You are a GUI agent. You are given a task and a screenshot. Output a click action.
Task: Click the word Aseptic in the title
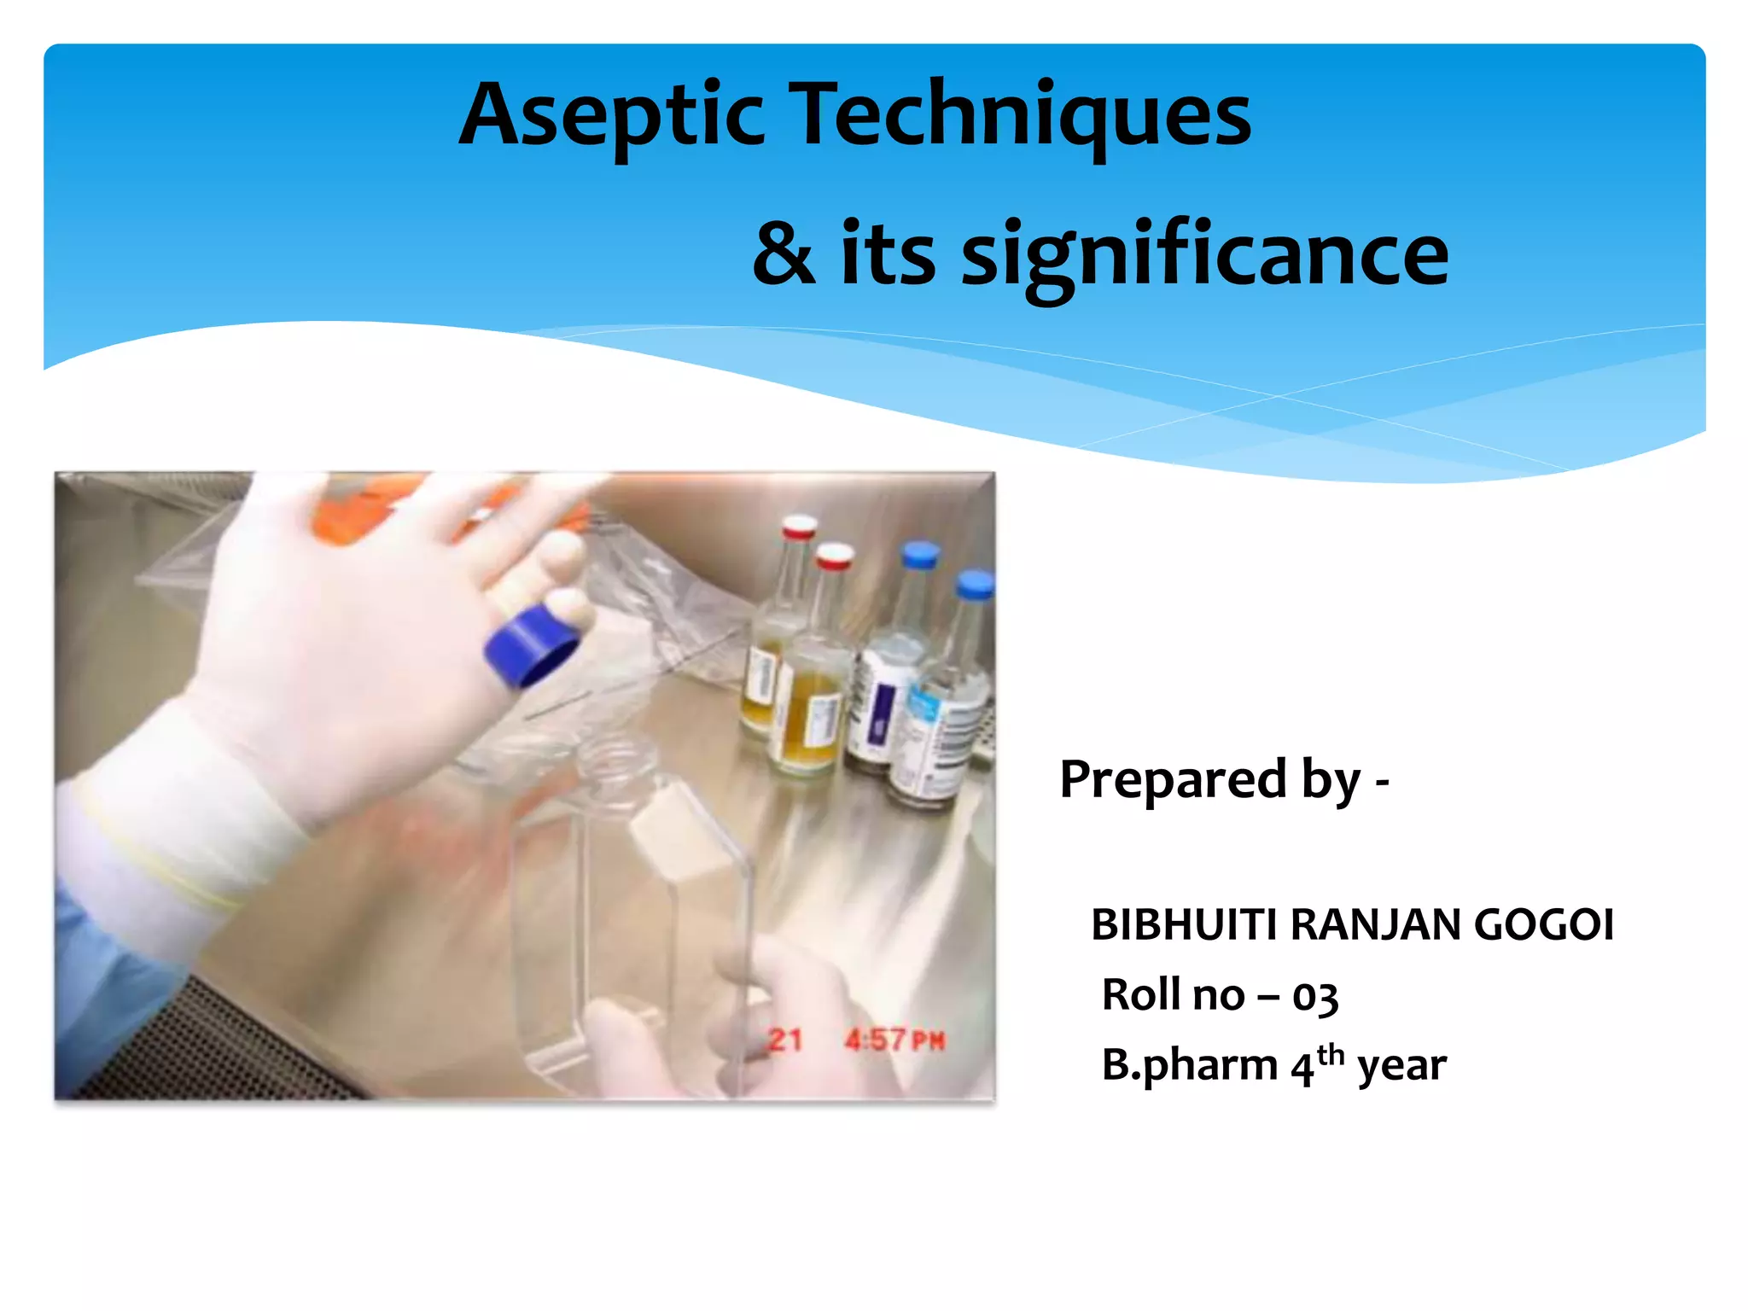click(611, 115)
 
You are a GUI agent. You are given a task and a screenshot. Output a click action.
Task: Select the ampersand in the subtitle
click(784, 254)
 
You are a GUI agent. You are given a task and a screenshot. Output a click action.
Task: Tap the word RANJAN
click(1375, 925)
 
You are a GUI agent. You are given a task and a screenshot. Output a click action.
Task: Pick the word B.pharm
click(1189, 1066)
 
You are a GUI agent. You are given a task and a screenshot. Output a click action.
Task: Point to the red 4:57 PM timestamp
click(894, 1040)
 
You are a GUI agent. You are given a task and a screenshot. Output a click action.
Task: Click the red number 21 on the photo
click(784, 1040)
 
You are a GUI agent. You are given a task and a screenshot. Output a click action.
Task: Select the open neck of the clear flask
click(615, 760)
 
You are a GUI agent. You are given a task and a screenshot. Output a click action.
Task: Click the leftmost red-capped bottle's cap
click(799, 527)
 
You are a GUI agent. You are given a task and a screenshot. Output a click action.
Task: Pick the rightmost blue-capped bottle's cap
click(974, 585)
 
